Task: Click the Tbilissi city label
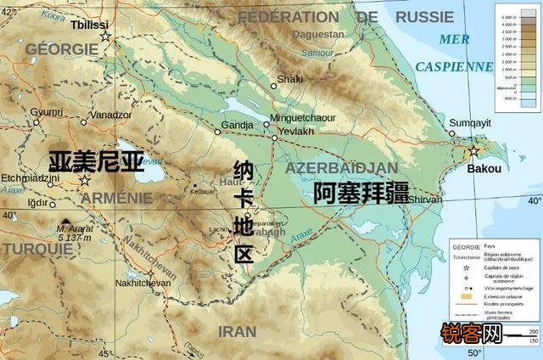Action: pyautogui.click(x=87, y=24)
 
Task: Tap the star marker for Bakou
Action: pyautogui.click(x=473, y=152)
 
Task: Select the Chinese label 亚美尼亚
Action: pyautogui.click(x=95, y=162)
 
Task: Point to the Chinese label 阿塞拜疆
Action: pyautogui.click(x=361, y=193)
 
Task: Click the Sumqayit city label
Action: pyautogui.click(x=469, y=122)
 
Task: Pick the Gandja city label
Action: pyautogui.click(x=237, y=126)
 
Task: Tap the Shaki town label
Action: pyautogui.click(x=290, y=79)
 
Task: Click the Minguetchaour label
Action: pyautogui.click(x=303, y=118)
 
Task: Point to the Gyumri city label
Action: pyautogui.click(x=47, y=112)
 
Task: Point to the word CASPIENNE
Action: pyautogui.click(x=453, y=65)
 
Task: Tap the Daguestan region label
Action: pyautogui.click(x=316, y=35)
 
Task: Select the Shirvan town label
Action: pyautogui.click(x=425, y=199)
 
